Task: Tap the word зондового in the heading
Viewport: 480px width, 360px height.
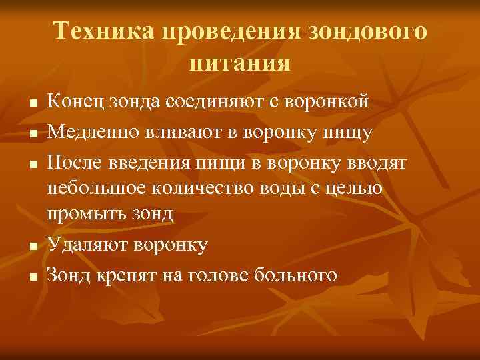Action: pos(368,32)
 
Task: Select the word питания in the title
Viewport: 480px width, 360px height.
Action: pos(240,64)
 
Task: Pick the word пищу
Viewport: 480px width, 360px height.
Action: pos(347,132)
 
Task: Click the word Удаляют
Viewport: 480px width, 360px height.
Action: pos(86,245)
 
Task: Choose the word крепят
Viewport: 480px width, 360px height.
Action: pos(127,275)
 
